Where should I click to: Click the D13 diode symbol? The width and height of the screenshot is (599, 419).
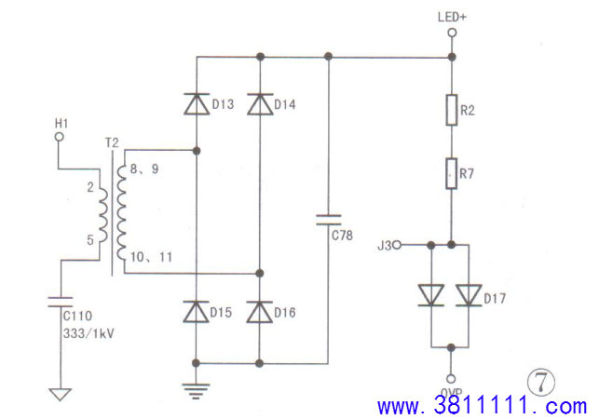pyautogui.click(x=197, y=104)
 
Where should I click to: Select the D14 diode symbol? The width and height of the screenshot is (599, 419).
pyautogui.click(x=260, y=104)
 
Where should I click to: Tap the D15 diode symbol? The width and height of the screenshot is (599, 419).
pyautogui.click(x=196, y=312)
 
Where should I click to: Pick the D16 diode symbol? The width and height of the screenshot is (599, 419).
pyautogui.click(x=259, y=312)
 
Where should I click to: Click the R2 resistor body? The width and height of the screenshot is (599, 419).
pyautogui.click(x=452, y=110)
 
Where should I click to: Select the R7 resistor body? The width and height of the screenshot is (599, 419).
pyautogui.click(x=452, y=173)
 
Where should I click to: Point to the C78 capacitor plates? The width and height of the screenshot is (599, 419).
pyautogui.click(x=328, y=220)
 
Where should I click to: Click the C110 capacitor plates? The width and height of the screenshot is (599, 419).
pyautogui.click(x=60, y=302)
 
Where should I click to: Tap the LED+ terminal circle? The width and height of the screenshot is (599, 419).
pyautogui.click(x=452, y=33)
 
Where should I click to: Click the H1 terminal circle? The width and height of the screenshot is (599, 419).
pyautogui.click(x=60, y=136)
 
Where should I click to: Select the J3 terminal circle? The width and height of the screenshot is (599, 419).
pyautogui.click(x=397, y=245)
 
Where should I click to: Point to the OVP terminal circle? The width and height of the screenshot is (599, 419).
pyautogui.click(x=451, y=379)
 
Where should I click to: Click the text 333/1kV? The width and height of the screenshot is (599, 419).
pyautogui.click(x=88, y=334)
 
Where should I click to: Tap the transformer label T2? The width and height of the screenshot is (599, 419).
pyautogui.click(x=112, y=143)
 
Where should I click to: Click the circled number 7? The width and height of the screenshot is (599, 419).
pyautogui.click(x=541, y=383)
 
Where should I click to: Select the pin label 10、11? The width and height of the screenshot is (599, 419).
pyautogui.click(x=151, y=257)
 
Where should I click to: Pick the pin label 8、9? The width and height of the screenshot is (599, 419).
pyautogui.click(x=144, y=169)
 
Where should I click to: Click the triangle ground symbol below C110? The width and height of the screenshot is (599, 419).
pyautogui.click(x=60, y=395)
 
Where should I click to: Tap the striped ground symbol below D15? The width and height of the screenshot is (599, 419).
pyautogui.click(x=196, y=391)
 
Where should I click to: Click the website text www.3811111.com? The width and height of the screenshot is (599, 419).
pyautogui.click(x=483, y=406)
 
